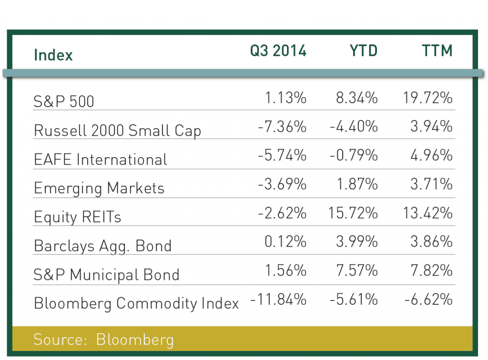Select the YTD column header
point(360,50)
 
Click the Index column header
point(53,55)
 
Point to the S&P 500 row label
point(64,101)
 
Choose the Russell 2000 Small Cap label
point(117,130)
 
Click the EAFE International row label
point(101,159)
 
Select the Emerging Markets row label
point(99,188)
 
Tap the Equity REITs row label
point(78,217)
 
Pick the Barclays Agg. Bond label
point(102,246)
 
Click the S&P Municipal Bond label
point(106,275)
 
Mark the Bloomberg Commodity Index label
point(136,303)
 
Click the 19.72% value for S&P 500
point(425,99)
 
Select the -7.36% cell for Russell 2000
point(282,127)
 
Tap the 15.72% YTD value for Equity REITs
point(353,213)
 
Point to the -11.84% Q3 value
point(278,300)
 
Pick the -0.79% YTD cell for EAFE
point(353,156)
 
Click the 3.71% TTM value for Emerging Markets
point(431,185)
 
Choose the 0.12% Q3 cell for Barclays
point(285,242)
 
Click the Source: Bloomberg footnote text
point(103,340)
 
